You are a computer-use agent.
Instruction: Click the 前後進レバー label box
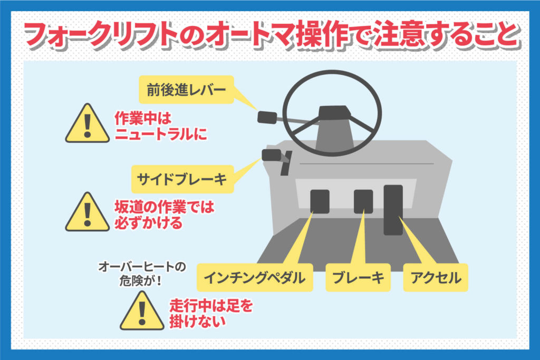[x=186, y=90]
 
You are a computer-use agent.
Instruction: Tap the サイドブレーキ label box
[x=182, y=179]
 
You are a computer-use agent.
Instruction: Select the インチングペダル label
[x=255, y=277]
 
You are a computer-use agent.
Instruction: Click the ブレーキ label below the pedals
[x=358, y=277]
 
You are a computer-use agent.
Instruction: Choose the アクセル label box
[x=436, y=277]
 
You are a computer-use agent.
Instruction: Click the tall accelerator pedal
[x=393, y=210]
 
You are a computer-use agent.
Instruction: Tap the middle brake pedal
[x=363, y=201]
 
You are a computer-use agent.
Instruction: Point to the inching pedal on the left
[x=320, y=201]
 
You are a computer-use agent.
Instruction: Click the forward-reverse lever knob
[x=267, y=118]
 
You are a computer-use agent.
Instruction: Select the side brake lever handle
[x=272, y=155]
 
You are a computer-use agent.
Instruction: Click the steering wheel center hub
[x=333, y=113]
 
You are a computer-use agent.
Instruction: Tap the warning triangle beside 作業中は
[x=88, y=123]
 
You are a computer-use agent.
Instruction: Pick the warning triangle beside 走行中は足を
[x=142, y=311]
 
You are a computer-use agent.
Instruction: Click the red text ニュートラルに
[x=161, y=134]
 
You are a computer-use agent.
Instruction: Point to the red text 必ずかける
[x=148, y=222]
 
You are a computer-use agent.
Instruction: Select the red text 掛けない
[x=197, y=322]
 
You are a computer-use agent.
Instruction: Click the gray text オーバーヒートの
[x=142, y=267]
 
